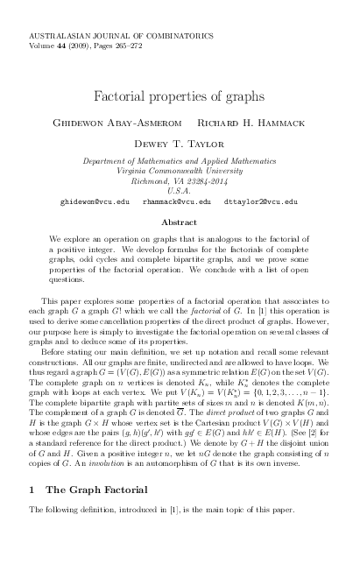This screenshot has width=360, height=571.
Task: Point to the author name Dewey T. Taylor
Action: (x=180, y=143)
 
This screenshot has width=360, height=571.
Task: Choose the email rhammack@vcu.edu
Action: (x=176, y=201)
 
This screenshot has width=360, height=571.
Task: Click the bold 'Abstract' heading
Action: (x=180, y=222)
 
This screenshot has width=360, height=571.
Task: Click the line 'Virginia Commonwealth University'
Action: (x=180, y=171)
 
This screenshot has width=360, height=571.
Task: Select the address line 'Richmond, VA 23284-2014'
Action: (x=180, y=180)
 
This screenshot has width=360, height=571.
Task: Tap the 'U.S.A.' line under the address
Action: (x=180, y=190)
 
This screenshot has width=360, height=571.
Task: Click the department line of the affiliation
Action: (x=180, y=161)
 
